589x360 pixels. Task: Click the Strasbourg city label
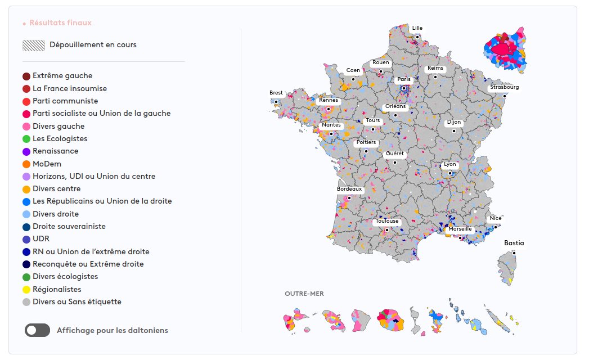504,87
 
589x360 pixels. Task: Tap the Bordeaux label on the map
349,190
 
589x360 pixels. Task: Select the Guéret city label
394,154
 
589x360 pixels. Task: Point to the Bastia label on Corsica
514,243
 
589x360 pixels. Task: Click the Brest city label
276,93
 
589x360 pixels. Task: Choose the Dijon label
453,122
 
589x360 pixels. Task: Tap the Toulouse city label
387,221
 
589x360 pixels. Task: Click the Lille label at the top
417,28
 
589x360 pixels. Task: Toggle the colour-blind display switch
37,330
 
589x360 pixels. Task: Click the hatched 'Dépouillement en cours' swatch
34,46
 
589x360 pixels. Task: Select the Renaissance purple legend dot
26,151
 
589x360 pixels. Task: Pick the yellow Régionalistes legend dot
26,290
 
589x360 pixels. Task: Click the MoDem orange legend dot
26,164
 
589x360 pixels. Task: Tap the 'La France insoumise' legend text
70,88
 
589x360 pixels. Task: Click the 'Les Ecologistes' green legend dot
26,139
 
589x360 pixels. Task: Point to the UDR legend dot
26,239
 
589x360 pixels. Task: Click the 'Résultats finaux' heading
60,23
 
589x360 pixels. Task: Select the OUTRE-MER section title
304,294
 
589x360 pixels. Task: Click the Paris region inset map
505,49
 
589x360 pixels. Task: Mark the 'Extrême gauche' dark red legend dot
26,76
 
